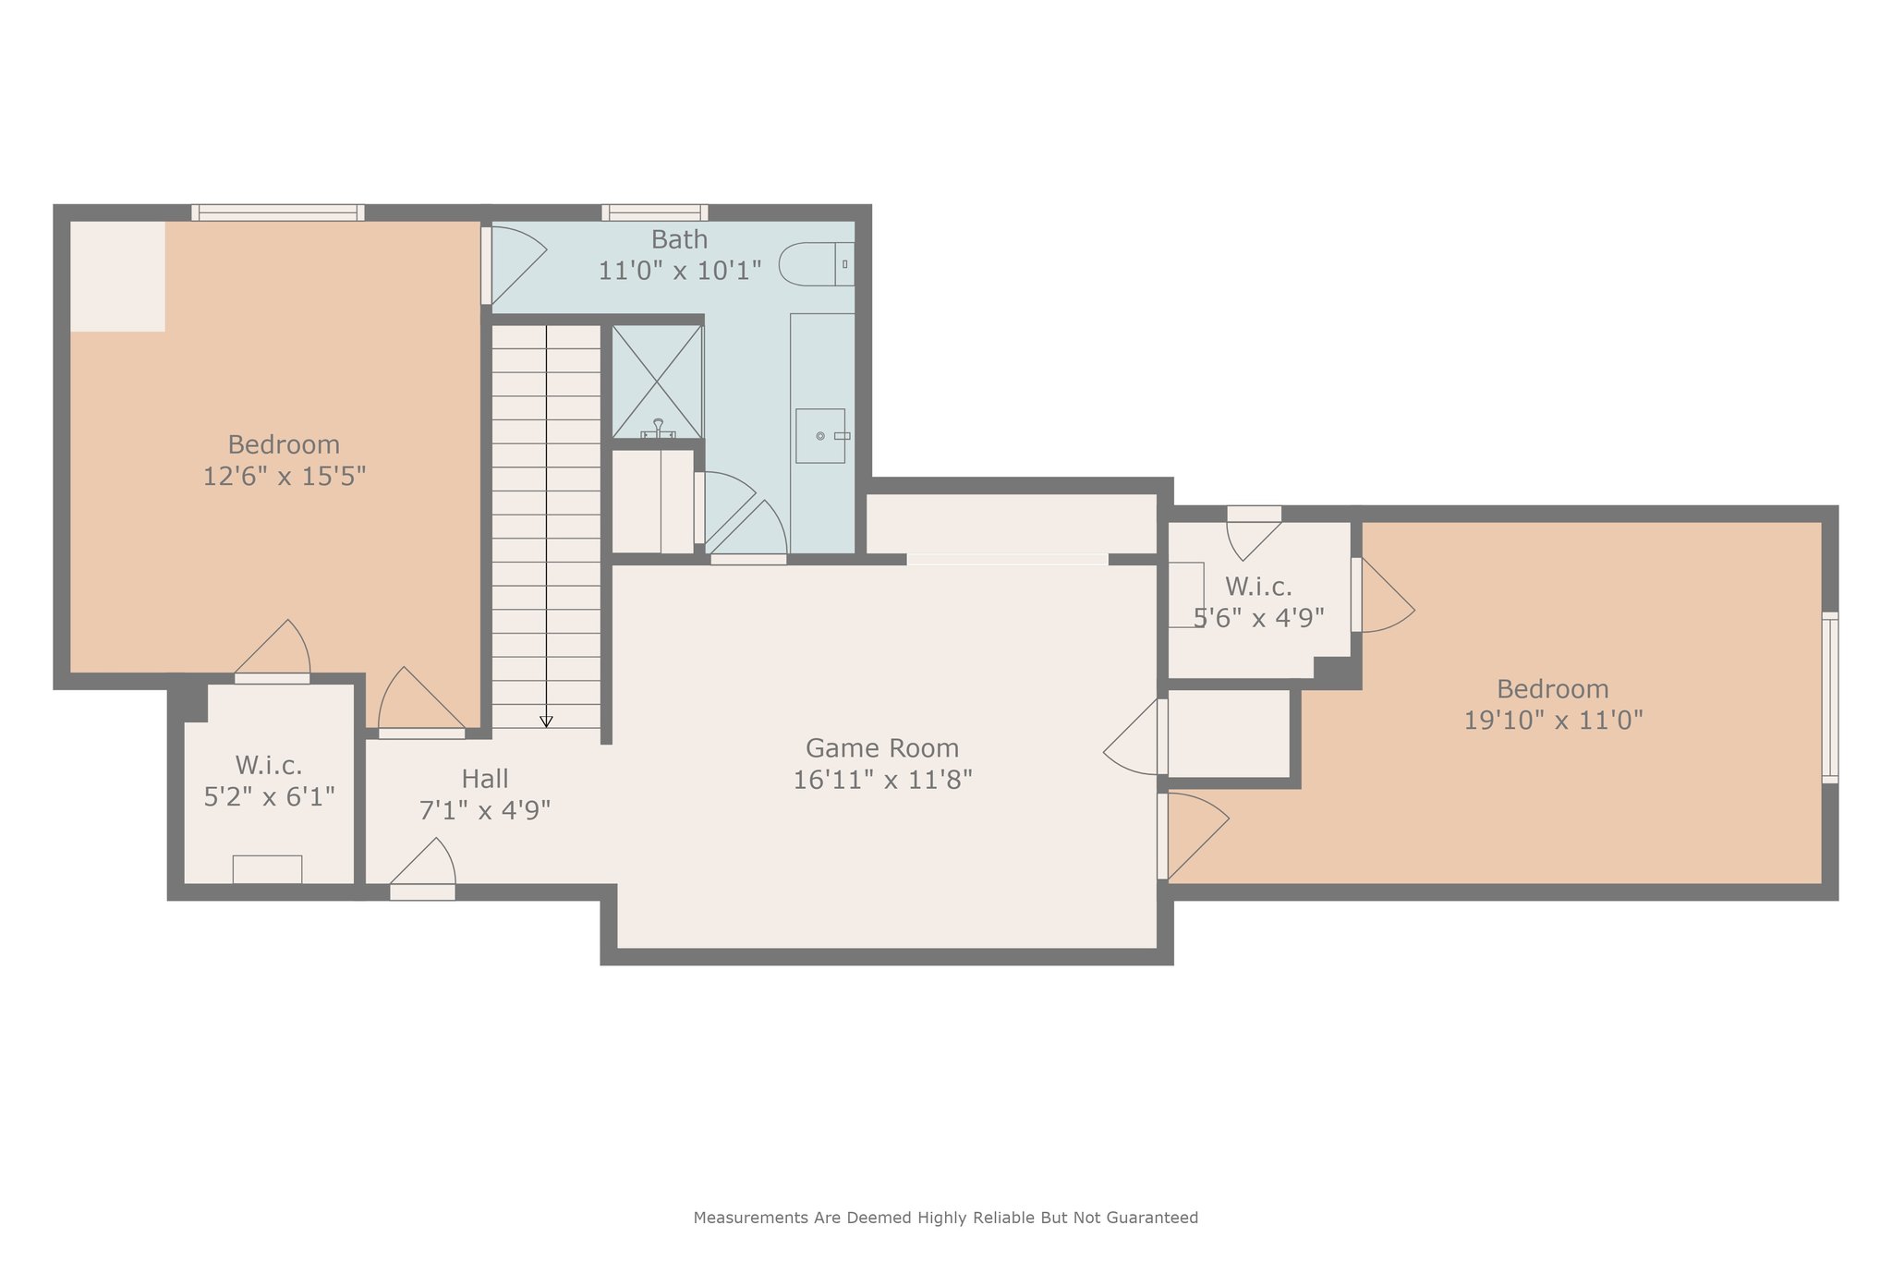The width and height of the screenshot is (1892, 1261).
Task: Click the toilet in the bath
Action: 817,264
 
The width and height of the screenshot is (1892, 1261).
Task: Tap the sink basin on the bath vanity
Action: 820,436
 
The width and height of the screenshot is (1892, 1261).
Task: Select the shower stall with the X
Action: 657,382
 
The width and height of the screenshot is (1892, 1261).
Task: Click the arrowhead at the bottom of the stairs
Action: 546,721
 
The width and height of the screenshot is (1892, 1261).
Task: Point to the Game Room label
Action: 882,747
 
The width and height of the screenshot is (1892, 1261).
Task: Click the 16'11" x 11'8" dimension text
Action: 882,780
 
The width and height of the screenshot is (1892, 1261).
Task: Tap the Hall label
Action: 485,779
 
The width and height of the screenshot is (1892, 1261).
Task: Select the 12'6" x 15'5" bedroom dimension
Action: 285,476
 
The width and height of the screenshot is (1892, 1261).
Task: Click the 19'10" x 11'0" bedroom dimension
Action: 1553,720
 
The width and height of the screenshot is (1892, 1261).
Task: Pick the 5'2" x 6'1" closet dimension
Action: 269,796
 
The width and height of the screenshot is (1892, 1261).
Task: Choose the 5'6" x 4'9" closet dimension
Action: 1259,618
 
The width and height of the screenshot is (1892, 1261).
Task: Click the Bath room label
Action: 680,239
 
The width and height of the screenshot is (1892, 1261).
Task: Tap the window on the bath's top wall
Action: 655,212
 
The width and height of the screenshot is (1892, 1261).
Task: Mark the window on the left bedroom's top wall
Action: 278,212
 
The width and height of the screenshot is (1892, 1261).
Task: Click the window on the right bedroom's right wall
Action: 1830,697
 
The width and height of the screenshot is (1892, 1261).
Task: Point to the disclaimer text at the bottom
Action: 946,1218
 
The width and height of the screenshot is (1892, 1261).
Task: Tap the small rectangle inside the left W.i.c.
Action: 267,869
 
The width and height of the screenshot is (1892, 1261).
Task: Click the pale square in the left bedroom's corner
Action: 118,276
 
